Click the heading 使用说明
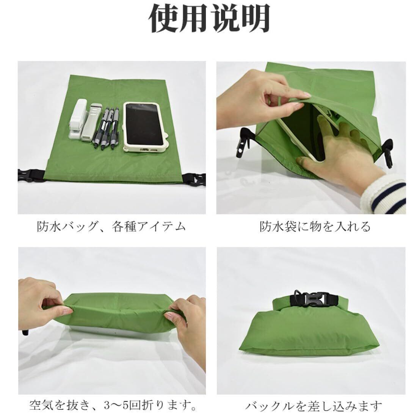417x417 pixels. point(209,18)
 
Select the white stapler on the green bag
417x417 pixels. point(78,119)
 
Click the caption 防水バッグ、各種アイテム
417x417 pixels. point(111,227)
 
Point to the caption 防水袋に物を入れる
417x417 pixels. point(315,227)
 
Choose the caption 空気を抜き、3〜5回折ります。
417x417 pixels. point(113,406)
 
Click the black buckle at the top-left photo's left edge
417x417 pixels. point(29,175)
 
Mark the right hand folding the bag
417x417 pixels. point(188,330)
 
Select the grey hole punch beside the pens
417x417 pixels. point(91,122)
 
